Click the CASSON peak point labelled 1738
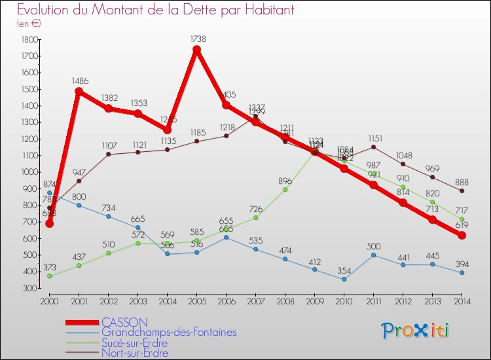pyautogui.click(x=196, y=50)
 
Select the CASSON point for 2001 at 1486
pyautogui.click(x=79, y=91)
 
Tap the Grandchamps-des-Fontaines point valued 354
pyautogui.click(x=344, y=279)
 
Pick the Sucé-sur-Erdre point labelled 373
pyautogui.click(x=49, y=276)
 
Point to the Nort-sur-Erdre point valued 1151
pyautogui.click(x=373, y=147)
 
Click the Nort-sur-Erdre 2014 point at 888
pyautogui.click(x=462, y=190)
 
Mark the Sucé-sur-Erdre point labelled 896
pyautogui.click(x=285, y=189)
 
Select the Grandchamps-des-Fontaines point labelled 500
pyautogui.click(x=373, y=255)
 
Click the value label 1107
pyautogui.click(x=108, y=145)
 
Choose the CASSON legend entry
pyautogui.click(x=124, y=322)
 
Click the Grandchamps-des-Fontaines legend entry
pyautogui.click(x=169, y=333)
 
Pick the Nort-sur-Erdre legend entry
pyautogui.click(x=134, y=353)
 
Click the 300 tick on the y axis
pyautogui.click(x=29, y=288)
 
